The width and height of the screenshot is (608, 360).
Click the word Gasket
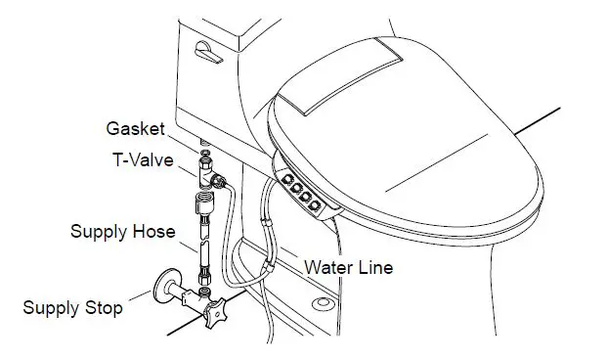pos(135,128)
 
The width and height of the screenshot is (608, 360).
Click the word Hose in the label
pos(155,232)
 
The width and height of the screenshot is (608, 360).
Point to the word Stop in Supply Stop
pos(103,308)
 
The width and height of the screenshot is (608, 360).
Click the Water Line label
pos(348,266)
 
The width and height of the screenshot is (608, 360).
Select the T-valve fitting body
pos(206,177)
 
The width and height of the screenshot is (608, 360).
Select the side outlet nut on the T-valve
pos(222,179)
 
